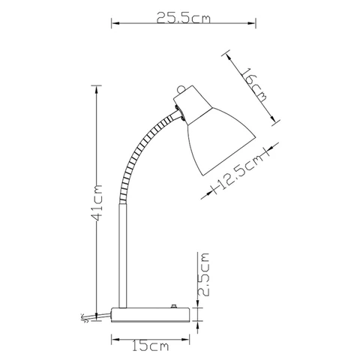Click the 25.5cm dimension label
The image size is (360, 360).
pos(184,18)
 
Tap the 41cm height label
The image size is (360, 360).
pos(97,202)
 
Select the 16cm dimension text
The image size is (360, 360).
pos(254,85)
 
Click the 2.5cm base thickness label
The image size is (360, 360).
pos(203,274)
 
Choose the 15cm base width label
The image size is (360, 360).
pos(150,346)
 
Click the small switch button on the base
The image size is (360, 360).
pos(173,306)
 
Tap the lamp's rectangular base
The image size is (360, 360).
pos(150,315)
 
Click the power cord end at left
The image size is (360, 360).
pos(85,318)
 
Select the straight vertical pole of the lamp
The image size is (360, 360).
pos(123,256)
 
